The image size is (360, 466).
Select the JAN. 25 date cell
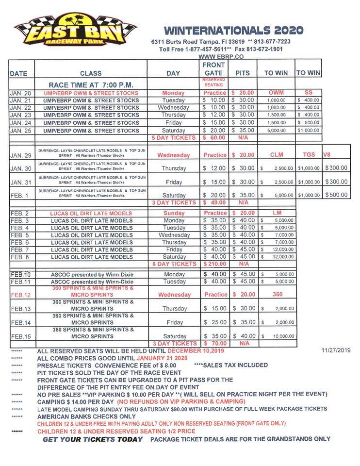(20, 131)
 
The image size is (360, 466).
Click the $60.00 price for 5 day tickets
(214, 138)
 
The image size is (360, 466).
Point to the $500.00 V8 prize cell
(336, 195)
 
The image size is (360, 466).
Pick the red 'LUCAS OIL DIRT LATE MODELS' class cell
(91, 213)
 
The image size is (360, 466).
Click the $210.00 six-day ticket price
(214, 264)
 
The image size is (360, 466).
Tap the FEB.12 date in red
(21, 295)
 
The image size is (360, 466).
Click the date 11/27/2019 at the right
(336, 350)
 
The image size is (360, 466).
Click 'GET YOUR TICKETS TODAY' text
(92, 439)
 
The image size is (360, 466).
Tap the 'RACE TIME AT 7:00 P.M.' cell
(91, 85)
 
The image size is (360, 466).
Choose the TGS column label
(309, 155)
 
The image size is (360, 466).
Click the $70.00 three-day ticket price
(214, 343)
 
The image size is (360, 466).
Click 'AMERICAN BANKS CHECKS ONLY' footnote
(86, 416)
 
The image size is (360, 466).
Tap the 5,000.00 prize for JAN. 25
(276, 131)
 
